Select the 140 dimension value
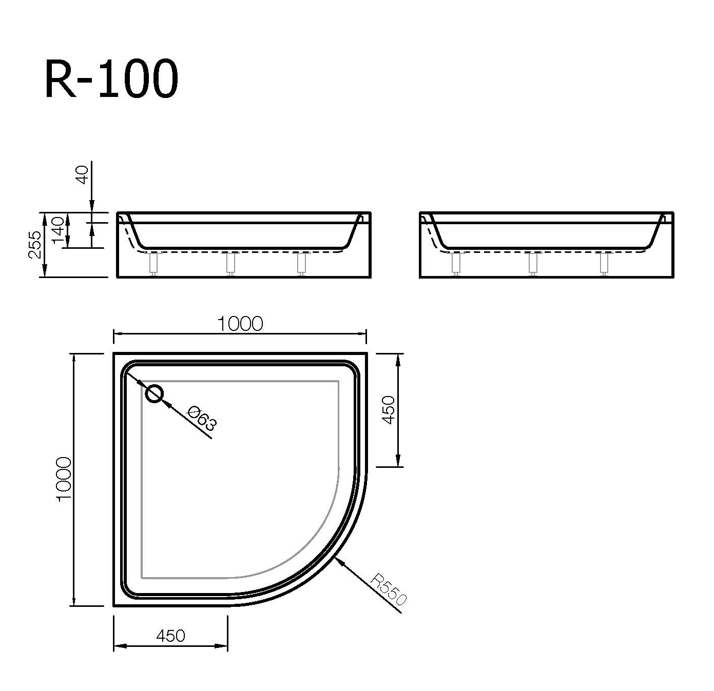(57, 230)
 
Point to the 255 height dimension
(34, 245)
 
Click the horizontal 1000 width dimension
(240, 324)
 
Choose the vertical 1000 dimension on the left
(63, 480)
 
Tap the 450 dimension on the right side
(389, 409)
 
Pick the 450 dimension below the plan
(170, 636)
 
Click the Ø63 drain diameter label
(202, 418)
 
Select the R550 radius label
(389, 590)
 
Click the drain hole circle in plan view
(154, 394)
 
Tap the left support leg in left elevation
(153, 263)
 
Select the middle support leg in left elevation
(230, 263)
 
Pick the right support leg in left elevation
(301, 263)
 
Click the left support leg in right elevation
(455, 263)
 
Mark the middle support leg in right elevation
(533, 263)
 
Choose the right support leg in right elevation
(604, 263)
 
